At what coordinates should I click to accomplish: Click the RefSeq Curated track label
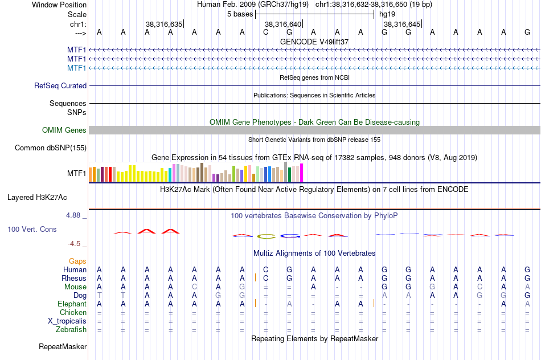[x=60, y=85]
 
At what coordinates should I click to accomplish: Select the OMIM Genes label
[x=64, y=130]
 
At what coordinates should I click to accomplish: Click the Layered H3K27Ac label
[x=37, y=198]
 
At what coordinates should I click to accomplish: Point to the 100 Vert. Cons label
[x=31, y=229]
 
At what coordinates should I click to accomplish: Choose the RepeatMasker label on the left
[x=63, y=346]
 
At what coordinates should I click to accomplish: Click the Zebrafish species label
[x=71, y=329]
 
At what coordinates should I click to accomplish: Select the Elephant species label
[x=72, y=304]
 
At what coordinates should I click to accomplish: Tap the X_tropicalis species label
[x=67, y=321]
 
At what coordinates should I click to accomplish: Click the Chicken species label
[x=73, y=312]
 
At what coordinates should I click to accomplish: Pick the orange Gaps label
[x=77, y=261]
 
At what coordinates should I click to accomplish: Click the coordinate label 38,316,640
[x=282, y=24]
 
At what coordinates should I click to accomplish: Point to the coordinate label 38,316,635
[x=164, y=24]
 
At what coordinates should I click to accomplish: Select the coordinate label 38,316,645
[x=402, y=24]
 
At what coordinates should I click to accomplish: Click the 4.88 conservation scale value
[x=73, y=215]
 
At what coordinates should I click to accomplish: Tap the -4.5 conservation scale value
[x=75, y=244]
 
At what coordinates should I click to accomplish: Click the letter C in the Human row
[x=265, y=269]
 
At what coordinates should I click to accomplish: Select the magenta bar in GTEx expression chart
[x=301, y=173]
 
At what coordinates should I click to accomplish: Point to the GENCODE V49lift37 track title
[x=314, y=42]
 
